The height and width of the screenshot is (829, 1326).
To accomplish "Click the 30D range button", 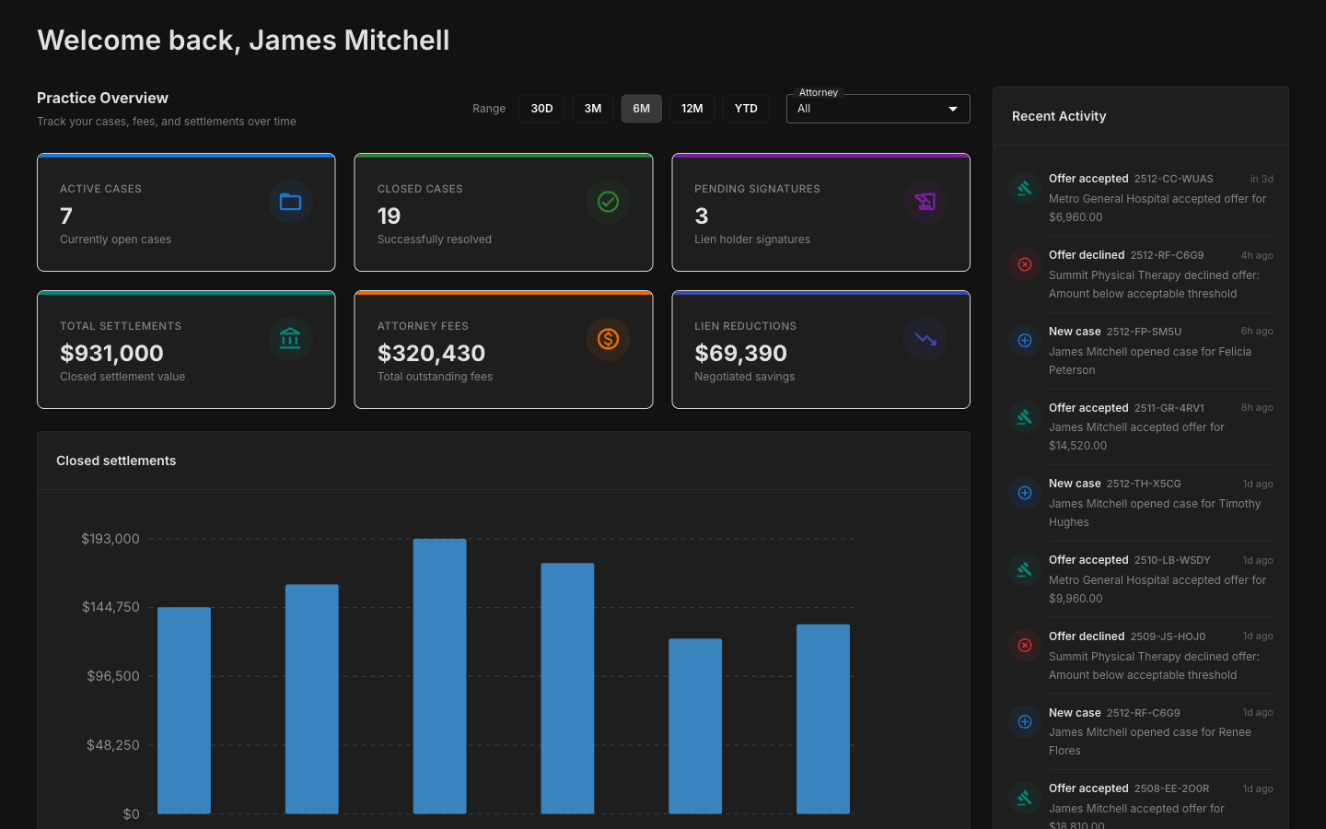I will [x=541, y=109].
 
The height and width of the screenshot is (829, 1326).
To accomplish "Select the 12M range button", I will [x=692, y=109].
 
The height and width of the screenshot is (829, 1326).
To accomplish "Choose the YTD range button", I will [x=746, y=109].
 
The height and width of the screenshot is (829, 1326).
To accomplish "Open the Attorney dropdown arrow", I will [x=952, y=109].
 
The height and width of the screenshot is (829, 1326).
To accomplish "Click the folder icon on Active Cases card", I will [x=290, y=202].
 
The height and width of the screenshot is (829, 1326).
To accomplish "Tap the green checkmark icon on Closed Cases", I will [x=608, y=202].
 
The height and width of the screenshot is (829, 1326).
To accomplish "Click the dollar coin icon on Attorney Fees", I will [x=608, y=339].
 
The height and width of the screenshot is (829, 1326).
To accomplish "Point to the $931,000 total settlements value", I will [x=111, y=353].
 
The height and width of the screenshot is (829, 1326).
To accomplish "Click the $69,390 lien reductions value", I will [x=740, y=353].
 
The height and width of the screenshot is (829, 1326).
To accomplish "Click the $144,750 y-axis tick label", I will [x=110, y=607].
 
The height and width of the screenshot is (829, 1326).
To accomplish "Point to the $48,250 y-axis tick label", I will [x=112, y=745].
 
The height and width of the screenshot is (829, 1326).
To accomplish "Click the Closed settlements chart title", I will [x=116, y=461].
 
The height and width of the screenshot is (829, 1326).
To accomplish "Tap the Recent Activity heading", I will [x=1059, y=116].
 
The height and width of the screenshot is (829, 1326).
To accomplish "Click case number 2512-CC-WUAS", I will [x=1173, y=179].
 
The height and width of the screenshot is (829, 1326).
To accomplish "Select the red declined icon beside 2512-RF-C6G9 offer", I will [x=1024, y=264].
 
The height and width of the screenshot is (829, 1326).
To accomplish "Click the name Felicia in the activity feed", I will [x=1235, y=352].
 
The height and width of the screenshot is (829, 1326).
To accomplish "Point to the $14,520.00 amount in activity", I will [x=1077, y=446].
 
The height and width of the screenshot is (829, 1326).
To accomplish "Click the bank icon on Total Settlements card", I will [x=290, y=339].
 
